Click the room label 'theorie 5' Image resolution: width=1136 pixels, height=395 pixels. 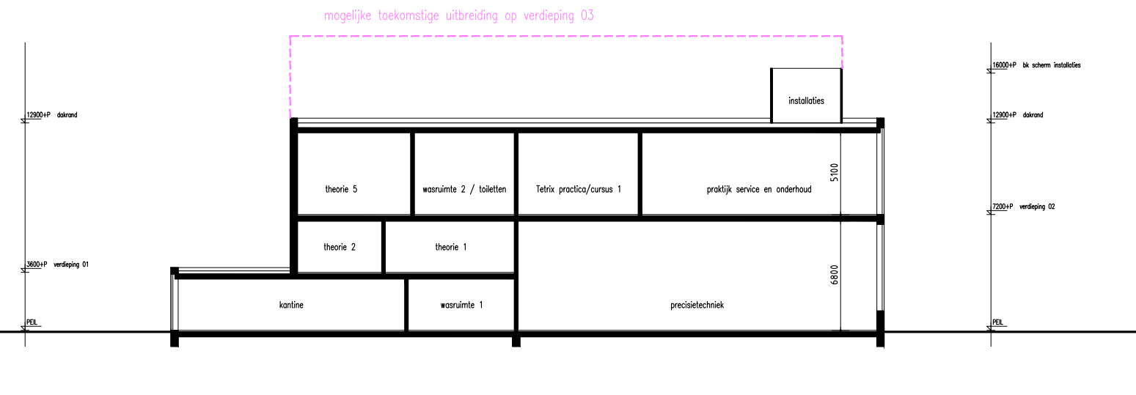(341, 189)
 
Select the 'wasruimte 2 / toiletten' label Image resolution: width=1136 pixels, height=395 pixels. (464, 189)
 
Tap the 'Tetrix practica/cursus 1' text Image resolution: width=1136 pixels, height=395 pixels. (578, 189)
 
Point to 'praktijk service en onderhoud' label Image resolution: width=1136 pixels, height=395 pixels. (759, 189)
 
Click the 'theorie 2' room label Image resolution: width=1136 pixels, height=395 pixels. (340, 247)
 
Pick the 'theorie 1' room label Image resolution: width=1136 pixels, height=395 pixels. (450, 247)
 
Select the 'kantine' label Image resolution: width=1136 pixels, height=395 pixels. (291, 305)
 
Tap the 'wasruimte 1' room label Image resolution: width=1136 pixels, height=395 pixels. (461, 305)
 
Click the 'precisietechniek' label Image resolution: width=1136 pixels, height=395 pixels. (697, 305)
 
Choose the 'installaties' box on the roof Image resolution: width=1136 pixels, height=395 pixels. (807, 95)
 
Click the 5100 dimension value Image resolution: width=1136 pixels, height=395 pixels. (835, 172)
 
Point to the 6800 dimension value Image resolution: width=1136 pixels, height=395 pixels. (835, 275)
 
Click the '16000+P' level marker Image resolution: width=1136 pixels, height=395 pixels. (1004, 65)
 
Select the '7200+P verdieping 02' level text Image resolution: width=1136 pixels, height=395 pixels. (1023, 207)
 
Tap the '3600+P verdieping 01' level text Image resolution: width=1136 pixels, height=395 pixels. (57, 264)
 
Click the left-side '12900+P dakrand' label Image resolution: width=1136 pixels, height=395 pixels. (52, 115)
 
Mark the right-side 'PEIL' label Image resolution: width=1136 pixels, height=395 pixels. (997, 322)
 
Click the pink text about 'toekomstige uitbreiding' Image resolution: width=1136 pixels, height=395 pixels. (459, 15)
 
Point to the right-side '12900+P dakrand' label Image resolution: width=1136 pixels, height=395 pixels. (1017, 115)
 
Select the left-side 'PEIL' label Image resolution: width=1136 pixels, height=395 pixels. (32, 322)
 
